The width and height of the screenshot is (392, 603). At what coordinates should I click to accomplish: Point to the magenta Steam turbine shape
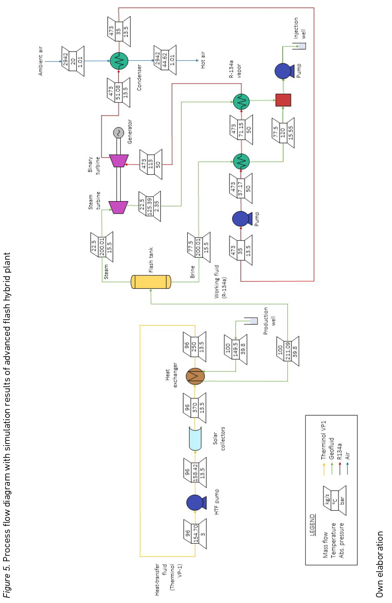pos(118,207)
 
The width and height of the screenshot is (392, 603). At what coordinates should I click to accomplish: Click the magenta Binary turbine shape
pos(118,160)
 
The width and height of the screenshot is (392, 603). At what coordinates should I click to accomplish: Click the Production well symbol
pos(252,321)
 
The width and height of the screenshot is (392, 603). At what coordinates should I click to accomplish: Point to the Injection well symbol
pos(301,46)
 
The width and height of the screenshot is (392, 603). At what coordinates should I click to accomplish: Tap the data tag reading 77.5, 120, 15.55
pos(283,133)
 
